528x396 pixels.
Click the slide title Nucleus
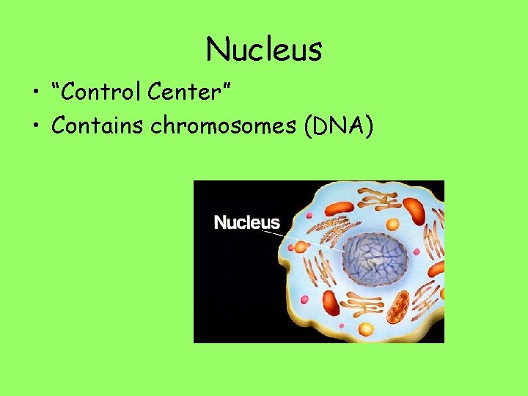pyautogui.click(x=264, y=50)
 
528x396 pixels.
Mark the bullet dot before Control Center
pyautogui.click(x=36, y=93)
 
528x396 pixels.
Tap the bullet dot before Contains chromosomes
pyautogui.click(x=36, y=127)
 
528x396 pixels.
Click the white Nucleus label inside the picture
pyautogui.click(x=246, y=222)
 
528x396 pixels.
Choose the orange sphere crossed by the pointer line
pyautogui.click(x=300, y=247)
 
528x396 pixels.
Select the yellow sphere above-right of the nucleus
pyautogui.click(x=392, y=224)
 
